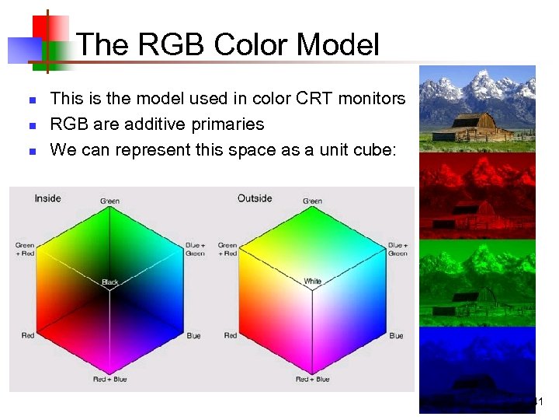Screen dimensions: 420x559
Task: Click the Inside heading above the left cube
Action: click(47, 198)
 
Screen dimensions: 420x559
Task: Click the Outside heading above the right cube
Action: click(255, 198)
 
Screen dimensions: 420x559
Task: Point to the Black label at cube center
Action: click(109, 282)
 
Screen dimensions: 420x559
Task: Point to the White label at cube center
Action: click(312, 282)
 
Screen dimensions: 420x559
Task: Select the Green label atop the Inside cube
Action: click(109, 201)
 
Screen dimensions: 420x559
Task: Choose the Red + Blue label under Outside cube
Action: click(312, 380)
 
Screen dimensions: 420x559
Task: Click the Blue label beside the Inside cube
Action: click(193, 336)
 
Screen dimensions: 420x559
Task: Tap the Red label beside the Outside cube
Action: click(231, 336)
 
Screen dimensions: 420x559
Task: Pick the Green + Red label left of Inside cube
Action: click(25, 250)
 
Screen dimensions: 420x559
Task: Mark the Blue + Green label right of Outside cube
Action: click(398, 250)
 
